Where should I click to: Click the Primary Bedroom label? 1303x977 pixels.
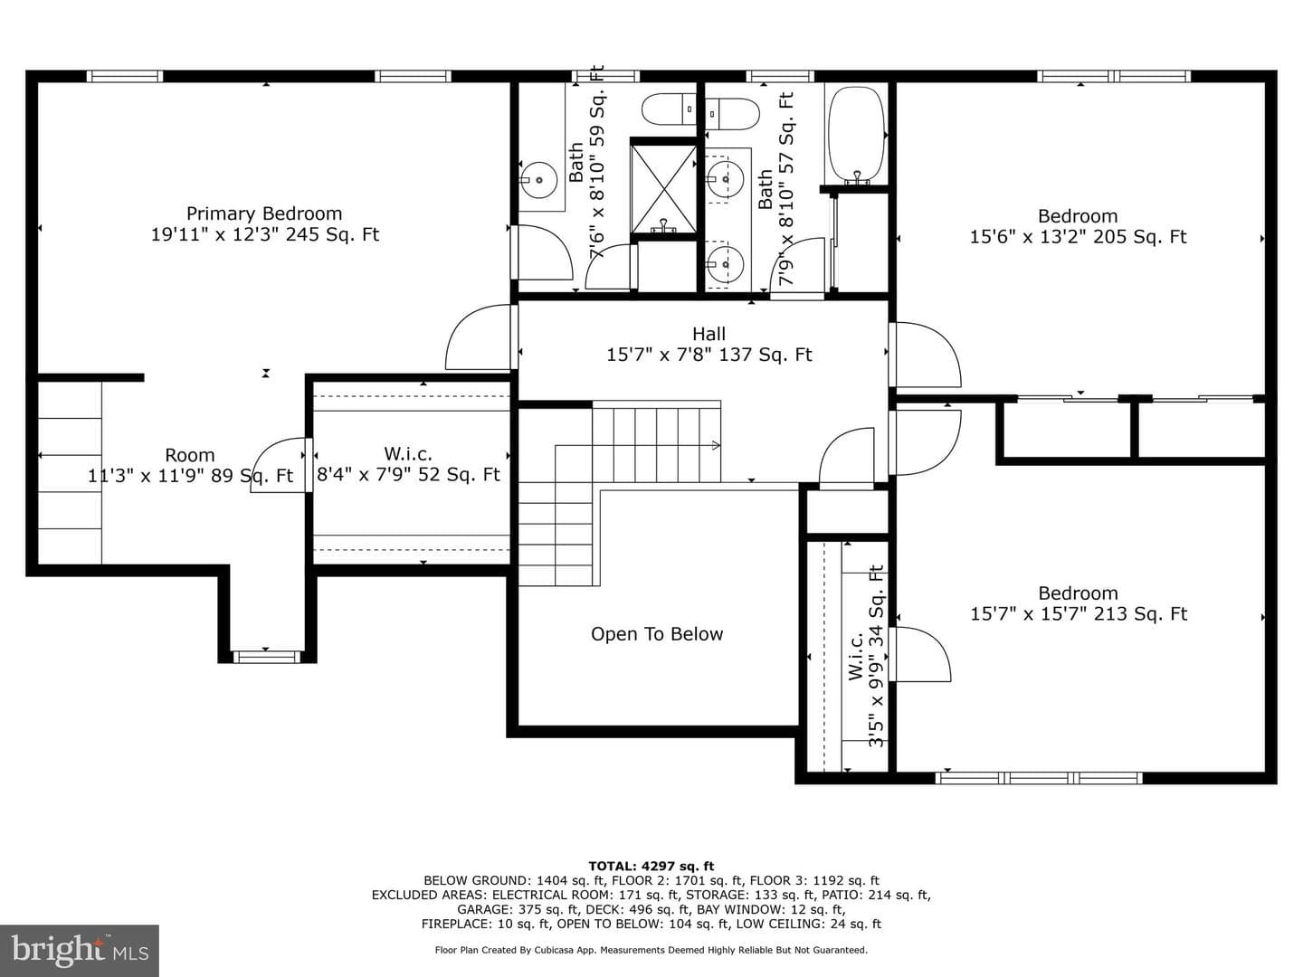(x=264, y=213)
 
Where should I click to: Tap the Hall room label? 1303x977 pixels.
(x=709, y=334)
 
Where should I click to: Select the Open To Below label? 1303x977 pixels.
(x=657, y=634)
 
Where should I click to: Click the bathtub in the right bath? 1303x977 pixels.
(x=857, y=134)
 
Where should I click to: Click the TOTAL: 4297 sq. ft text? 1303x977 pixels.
(x=651, y=866)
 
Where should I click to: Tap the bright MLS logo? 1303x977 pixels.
(x=80, y=950)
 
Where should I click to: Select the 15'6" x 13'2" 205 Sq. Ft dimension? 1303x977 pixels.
(x=1078, y=237)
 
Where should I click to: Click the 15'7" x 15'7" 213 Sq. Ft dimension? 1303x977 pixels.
(x=1078, y=614)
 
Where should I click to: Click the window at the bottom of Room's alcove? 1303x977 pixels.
(x=266, y=657)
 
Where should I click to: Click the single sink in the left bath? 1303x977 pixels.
(x=539, y=178)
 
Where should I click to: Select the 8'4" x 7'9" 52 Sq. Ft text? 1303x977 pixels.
(x=408, y=475)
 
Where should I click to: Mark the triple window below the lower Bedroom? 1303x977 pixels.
(x=1039, y=778)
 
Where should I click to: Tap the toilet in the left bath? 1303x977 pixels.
(x=669, y=109)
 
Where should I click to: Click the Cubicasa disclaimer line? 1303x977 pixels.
(x=651, y=950)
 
